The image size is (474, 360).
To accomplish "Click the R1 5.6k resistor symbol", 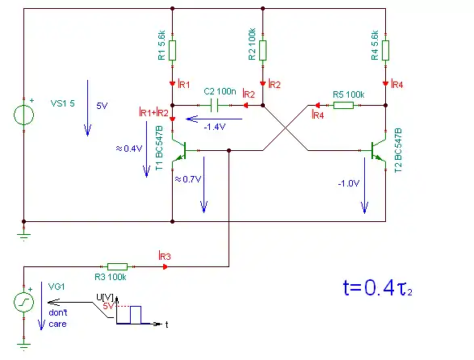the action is [172, 51].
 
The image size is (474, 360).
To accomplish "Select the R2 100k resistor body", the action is [262, 51].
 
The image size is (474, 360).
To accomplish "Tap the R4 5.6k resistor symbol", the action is [385, 51].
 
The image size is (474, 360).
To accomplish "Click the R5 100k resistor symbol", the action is [343, 105].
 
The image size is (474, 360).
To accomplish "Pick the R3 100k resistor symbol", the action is [117, 266].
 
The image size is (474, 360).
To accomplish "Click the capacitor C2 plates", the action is [214, 105].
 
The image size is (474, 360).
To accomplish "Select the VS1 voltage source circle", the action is [24, 115].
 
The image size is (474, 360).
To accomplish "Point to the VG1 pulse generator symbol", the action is [24, 302].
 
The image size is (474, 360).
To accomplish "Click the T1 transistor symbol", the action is [180, 150].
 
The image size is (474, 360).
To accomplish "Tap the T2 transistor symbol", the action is [378, 150].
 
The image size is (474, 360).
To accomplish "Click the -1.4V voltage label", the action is [215, 127].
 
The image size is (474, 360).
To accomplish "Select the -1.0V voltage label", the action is [349, 183].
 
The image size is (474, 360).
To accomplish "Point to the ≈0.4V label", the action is [128, 149].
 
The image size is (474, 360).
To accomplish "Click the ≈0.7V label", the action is [187, 179].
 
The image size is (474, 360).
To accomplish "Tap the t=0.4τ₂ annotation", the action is [378, 287].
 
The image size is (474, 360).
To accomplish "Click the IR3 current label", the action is [165, 256].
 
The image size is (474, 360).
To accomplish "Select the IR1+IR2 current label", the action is [153, 112].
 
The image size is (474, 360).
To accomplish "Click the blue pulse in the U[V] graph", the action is [136, 315].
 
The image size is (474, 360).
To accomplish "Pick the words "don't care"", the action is [58, 318].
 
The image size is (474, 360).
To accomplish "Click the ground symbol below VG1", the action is [24, 346].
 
